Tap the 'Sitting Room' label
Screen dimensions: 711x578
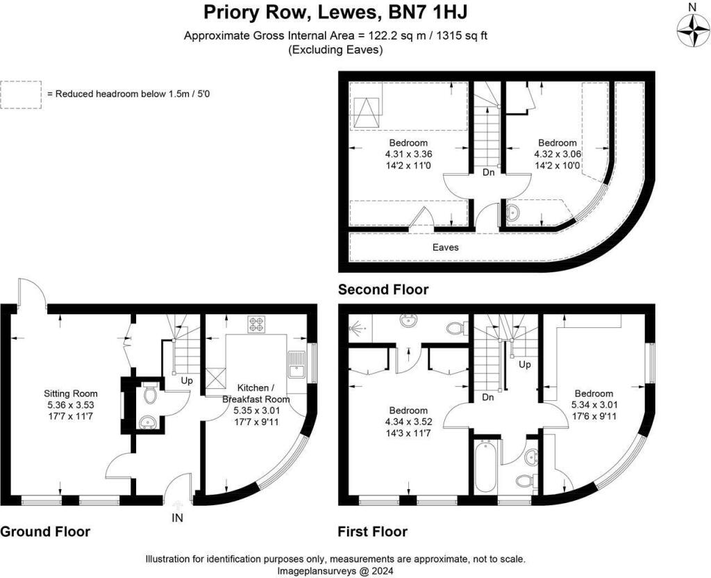71,393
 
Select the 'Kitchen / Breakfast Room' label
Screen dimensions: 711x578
256,393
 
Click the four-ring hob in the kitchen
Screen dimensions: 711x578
256,325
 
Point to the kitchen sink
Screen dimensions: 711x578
297,364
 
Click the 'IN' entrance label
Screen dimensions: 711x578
178,518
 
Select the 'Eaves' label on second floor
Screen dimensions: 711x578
445,247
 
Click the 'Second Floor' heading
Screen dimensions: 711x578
383,290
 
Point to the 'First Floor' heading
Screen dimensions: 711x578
373,531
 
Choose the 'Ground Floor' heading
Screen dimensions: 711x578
45,531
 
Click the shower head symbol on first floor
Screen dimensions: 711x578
358,327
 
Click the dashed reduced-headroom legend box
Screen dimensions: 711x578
21,94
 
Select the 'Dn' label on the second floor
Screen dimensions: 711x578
488,172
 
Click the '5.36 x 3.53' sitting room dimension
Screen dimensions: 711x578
71,405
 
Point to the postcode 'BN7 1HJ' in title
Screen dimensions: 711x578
428,13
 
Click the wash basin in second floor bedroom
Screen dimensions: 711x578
513,212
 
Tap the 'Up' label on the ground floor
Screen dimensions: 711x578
186,381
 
